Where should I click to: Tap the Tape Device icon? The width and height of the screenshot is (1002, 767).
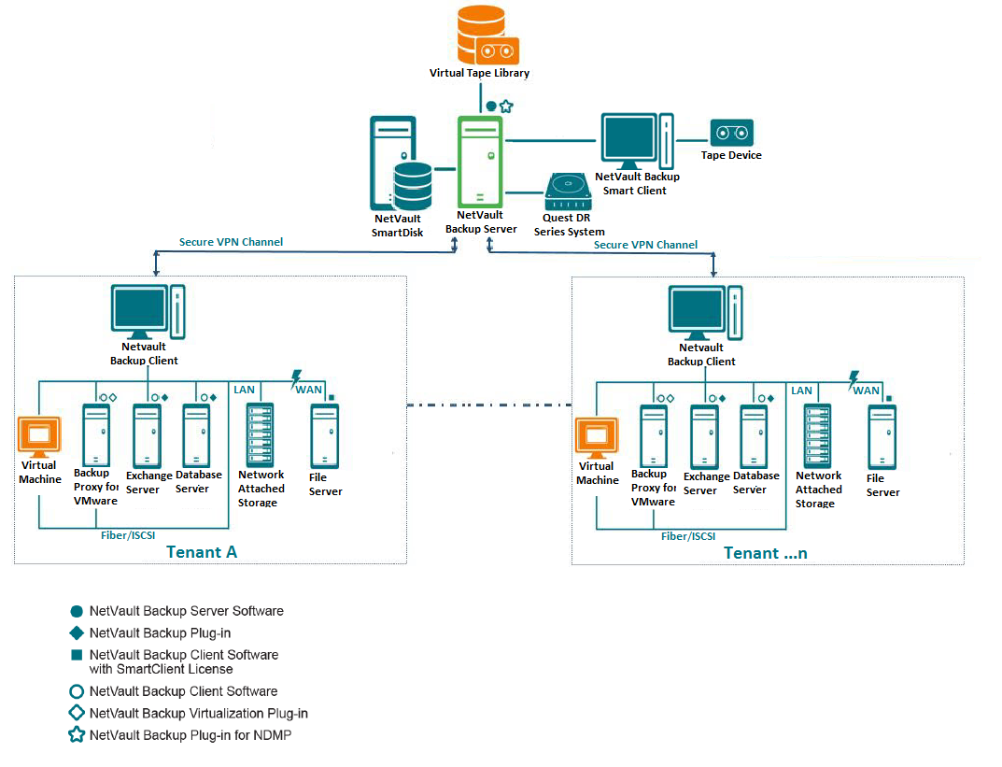pyautogui.click(x=731, y=133)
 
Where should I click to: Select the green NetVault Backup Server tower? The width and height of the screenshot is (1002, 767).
pyautogui.click(x=479, y=160)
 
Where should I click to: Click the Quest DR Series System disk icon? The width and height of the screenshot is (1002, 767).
pyautogui.click(x=569, y=193)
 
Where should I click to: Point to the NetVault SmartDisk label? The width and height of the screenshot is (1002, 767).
pyautogui.click(x=397, y=225)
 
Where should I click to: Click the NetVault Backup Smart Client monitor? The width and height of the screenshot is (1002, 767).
pyautogui.click(x=627, y=140)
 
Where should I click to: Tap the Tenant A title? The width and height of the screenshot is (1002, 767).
pyautogui.click(x=202, y=551)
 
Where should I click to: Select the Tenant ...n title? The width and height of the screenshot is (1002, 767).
pyautogui.click(x=765, y=552)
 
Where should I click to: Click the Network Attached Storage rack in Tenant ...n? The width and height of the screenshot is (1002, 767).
pyautogui.click(x=818, y=436)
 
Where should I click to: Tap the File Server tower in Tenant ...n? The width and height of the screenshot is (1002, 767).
pyautogui.click(x=882, y=436)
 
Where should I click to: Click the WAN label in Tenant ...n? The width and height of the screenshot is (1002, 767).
pyautogui.click(x=867, y=390)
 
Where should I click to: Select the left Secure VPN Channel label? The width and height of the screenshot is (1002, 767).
pyautogui.click(x=231, y=242)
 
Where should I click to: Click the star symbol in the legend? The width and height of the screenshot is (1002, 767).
pyautogui.click(x=77, y=735)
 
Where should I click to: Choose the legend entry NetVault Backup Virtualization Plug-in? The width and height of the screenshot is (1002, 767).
pyautogui.click(x=198, y=714)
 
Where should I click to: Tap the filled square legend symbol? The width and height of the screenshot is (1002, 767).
pyautogui.click(x=77, y=655)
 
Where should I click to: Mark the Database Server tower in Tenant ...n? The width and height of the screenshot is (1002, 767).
pyautogui.click(x=754, y=436)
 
